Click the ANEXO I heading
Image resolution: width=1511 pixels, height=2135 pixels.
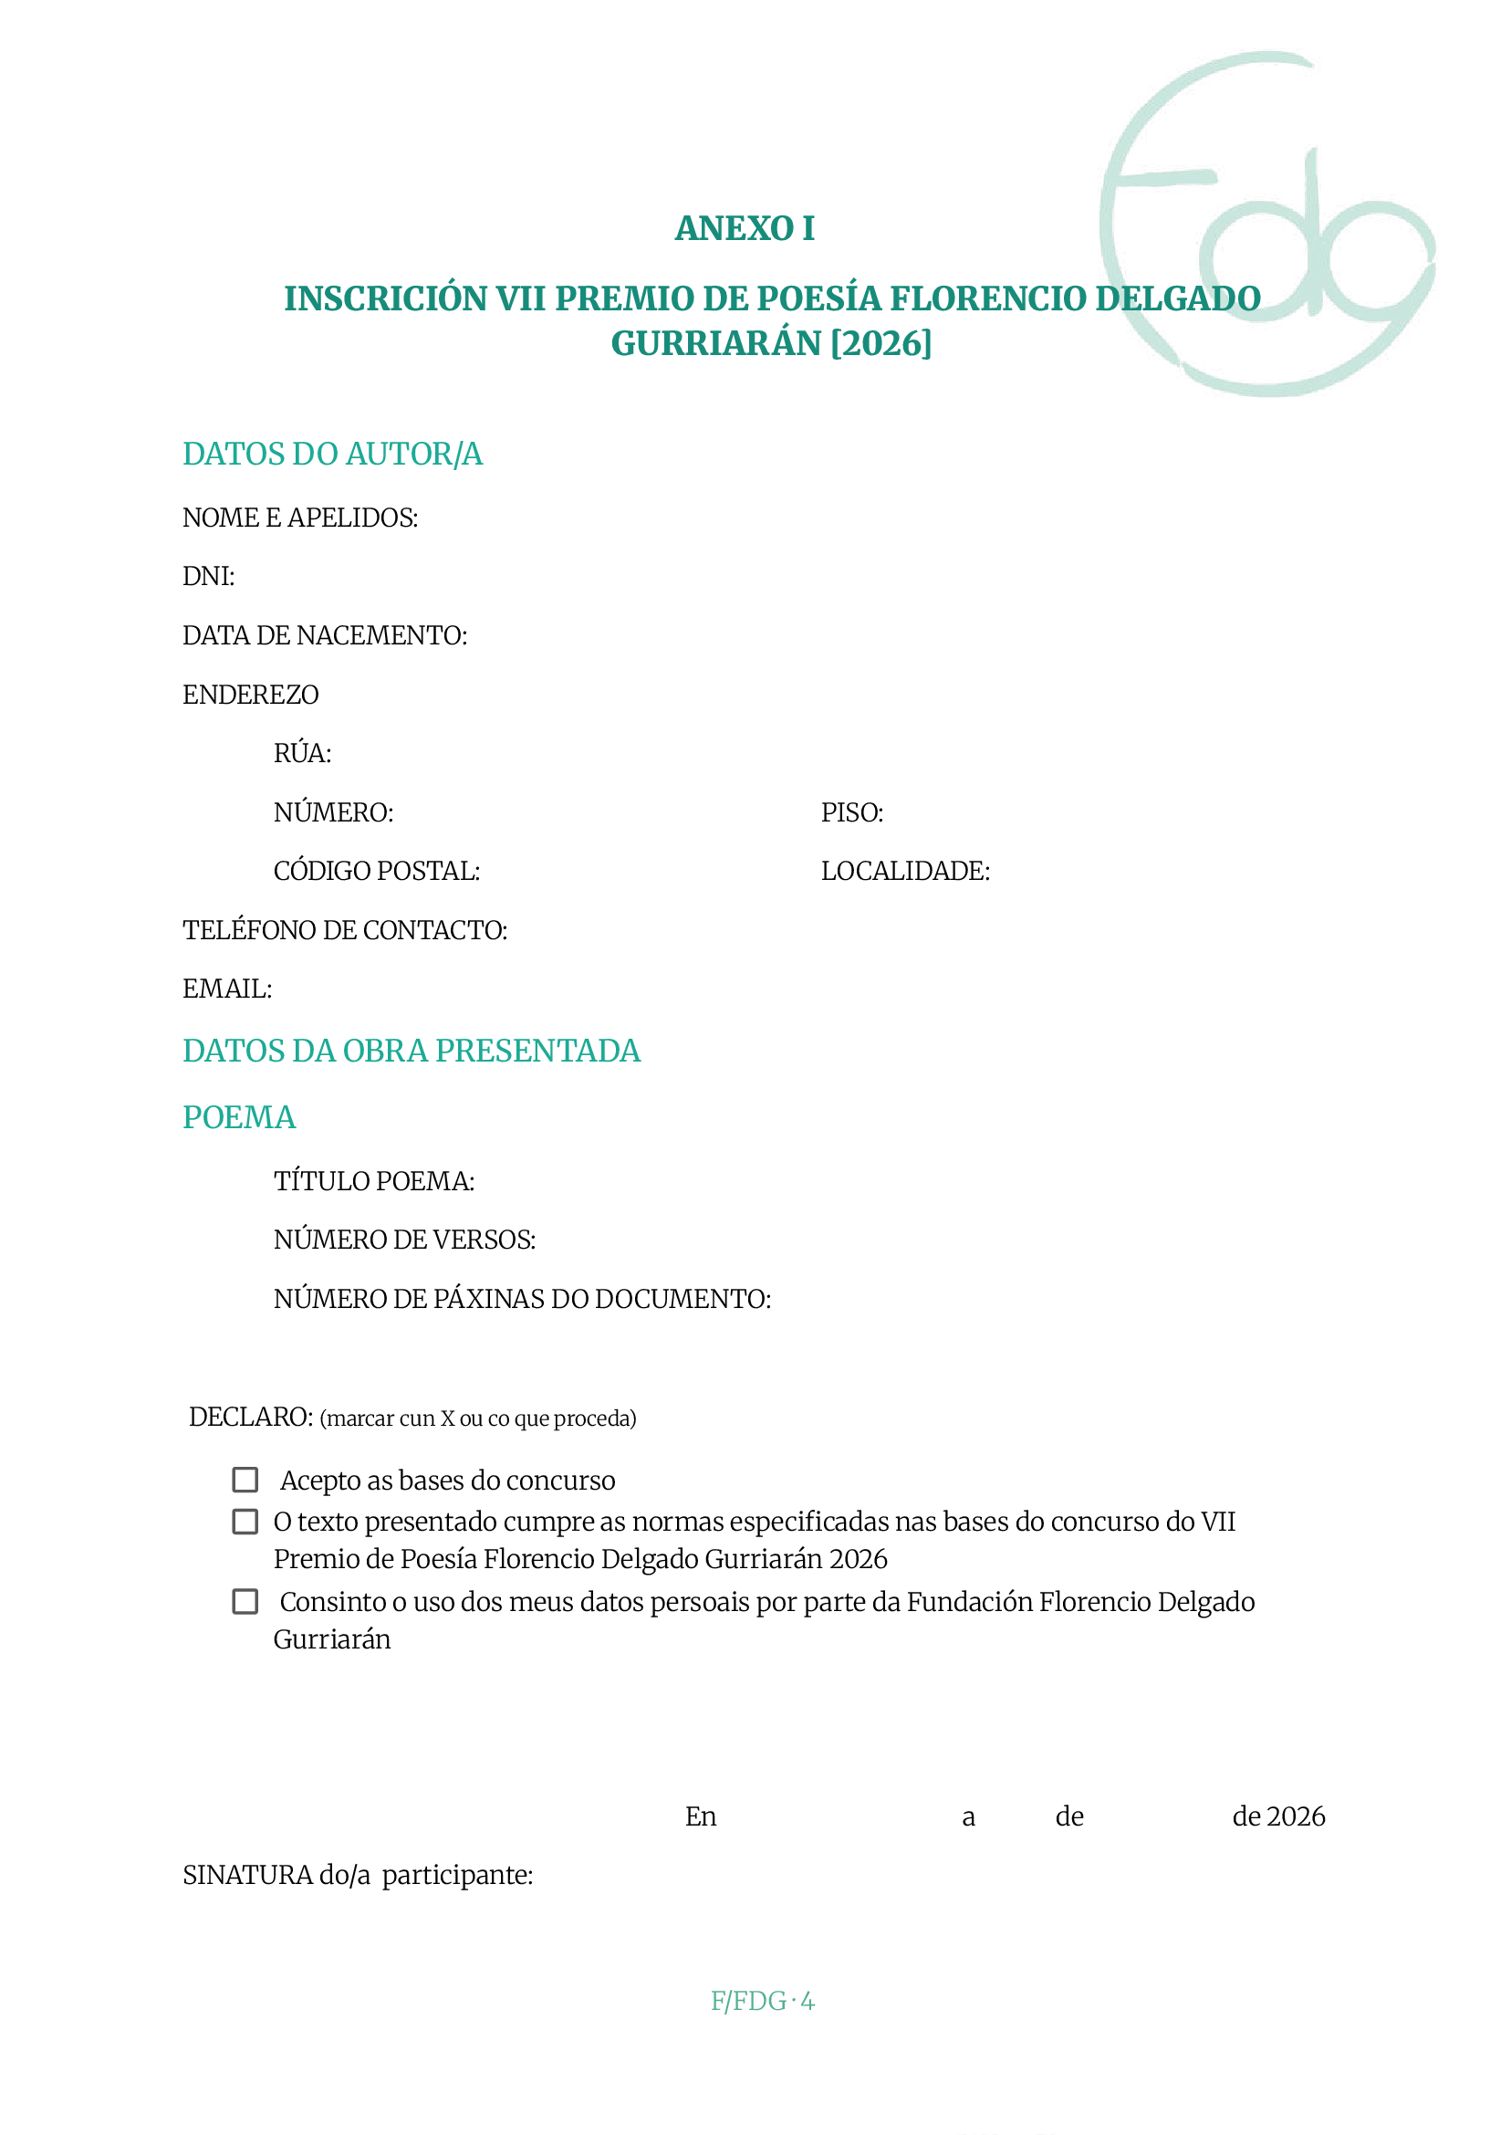(745, 228)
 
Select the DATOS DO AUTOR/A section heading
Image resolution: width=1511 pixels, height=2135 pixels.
(332, 455)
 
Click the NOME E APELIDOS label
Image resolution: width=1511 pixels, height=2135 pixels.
(299, 518)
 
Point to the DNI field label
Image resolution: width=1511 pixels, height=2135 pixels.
(208, 577)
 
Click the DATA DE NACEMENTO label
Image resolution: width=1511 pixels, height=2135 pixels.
(325, 635)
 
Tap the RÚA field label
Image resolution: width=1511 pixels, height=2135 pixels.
(302, 753)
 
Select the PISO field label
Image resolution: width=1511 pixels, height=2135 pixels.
(851, 812)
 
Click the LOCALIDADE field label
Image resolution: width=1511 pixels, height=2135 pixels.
(904, 871)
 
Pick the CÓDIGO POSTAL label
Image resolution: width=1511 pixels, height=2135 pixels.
(376, 871)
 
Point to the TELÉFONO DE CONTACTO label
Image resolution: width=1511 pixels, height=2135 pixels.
(344, 930)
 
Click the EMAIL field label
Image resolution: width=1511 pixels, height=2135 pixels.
(227, 989)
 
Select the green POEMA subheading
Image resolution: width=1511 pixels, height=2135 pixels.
(239, 1117)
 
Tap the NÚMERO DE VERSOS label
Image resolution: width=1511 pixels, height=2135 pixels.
(404, 1240)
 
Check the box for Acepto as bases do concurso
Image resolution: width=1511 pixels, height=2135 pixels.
(245, 1480)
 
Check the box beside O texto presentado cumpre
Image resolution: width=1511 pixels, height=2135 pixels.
(245, 1522)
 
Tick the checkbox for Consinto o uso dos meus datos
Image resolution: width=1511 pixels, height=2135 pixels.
(245, 1602)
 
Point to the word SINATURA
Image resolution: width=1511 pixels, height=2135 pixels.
(247, 1876)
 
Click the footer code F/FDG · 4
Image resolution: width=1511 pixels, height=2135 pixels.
(762, 2001)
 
